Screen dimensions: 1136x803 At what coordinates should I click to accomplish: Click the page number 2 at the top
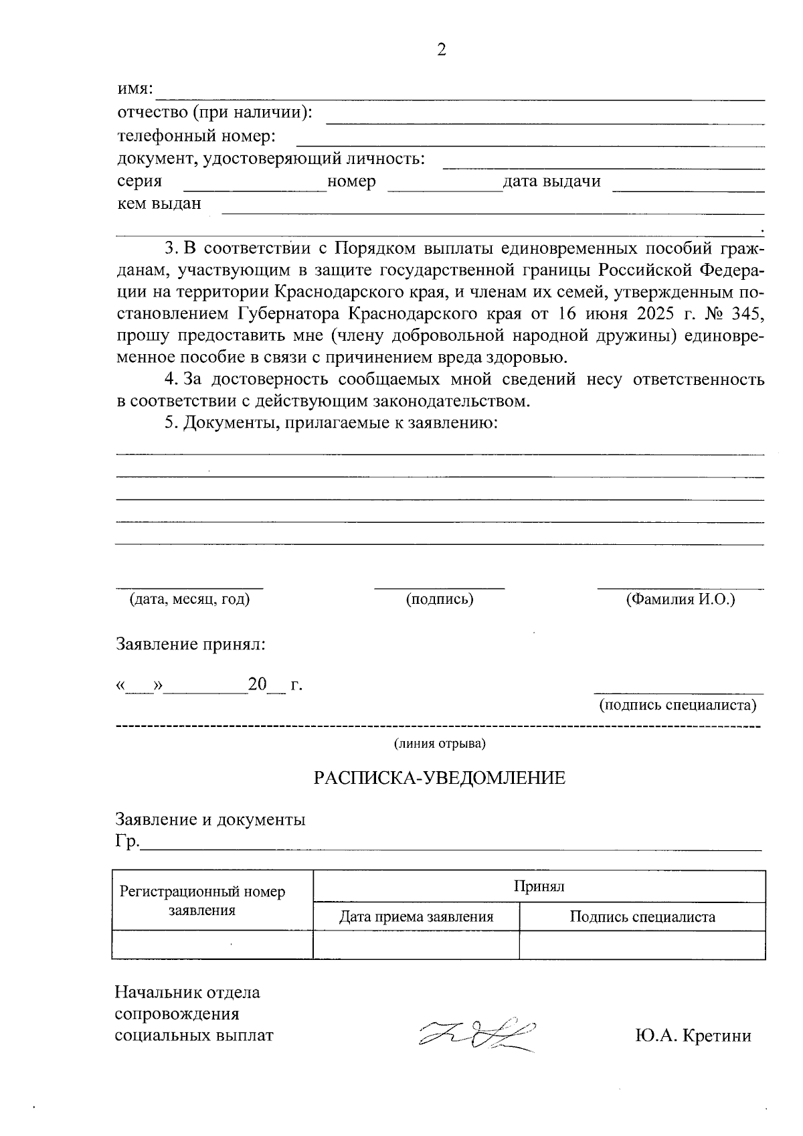441,50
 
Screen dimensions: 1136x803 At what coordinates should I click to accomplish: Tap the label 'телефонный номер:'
197,137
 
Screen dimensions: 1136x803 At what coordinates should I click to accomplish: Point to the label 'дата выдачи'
552,181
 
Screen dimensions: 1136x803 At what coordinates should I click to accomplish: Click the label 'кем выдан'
159,204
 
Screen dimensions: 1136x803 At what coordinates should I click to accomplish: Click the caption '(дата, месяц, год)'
189,599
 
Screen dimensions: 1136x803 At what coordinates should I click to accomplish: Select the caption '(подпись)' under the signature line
440,599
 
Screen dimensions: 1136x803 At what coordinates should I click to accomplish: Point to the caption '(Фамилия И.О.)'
681,599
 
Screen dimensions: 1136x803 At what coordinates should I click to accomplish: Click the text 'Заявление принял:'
191,645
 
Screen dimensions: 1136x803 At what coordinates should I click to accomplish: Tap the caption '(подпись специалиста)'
678,705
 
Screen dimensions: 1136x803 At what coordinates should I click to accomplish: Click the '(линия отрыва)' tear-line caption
440,744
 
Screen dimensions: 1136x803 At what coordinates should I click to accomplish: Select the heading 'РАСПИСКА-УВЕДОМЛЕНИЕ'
440,778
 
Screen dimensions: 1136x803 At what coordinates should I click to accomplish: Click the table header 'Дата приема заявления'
416,917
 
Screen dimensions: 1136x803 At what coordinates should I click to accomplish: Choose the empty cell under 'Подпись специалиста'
642,945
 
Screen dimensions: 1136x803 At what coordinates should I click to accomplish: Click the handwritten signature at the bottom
476,1036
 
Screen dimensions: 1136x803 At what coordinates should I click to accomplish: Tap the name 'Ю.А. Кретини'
693,1036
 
